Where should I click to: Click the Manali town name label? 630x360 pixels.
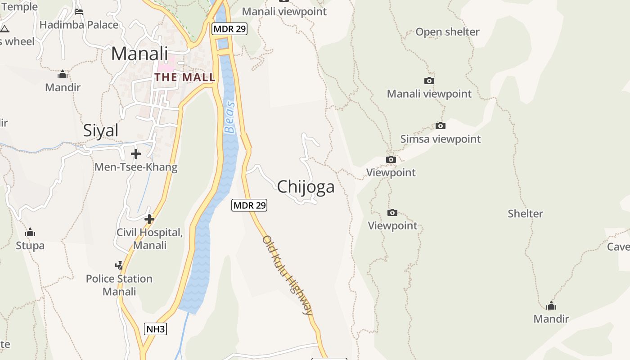coord(139,54)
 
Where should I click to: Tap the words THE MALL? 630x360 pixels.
coord(184,77)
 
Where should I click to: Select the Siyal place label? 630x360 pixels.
coord(101,130)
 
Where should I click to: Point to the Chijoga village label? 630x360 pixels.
coord(306,187)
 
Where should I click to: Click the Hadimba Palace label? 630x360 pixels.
coord(79,25)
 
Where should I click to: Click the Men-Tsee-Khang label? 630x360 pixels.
coord(136,167)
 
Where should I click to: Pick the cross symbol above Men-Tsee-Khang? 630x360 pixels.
coord(135,154)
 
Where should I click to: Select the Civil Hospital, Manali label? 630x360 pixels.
coord(150,239)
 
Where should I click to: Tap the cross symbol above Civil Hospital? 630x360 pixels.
coord(149,219)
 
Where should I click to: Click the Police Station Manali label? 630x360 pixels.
coord(119,285)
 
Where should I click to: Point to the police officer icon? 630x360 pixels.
coord(119,265)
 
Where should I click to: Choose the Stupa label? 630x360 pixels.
coord(30,246)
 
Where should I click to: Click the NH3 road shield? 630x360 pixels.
coord(156,329)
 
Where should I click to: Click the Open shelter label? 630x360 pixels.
coord(447,32)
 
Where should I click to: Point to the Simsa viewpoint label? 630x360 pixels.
coord(441,139)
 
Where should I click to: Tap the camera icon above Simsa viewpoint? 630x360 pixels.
coord(441,126)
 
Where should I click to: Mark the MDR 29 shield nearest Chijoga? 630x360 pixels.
coord(249,205)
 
